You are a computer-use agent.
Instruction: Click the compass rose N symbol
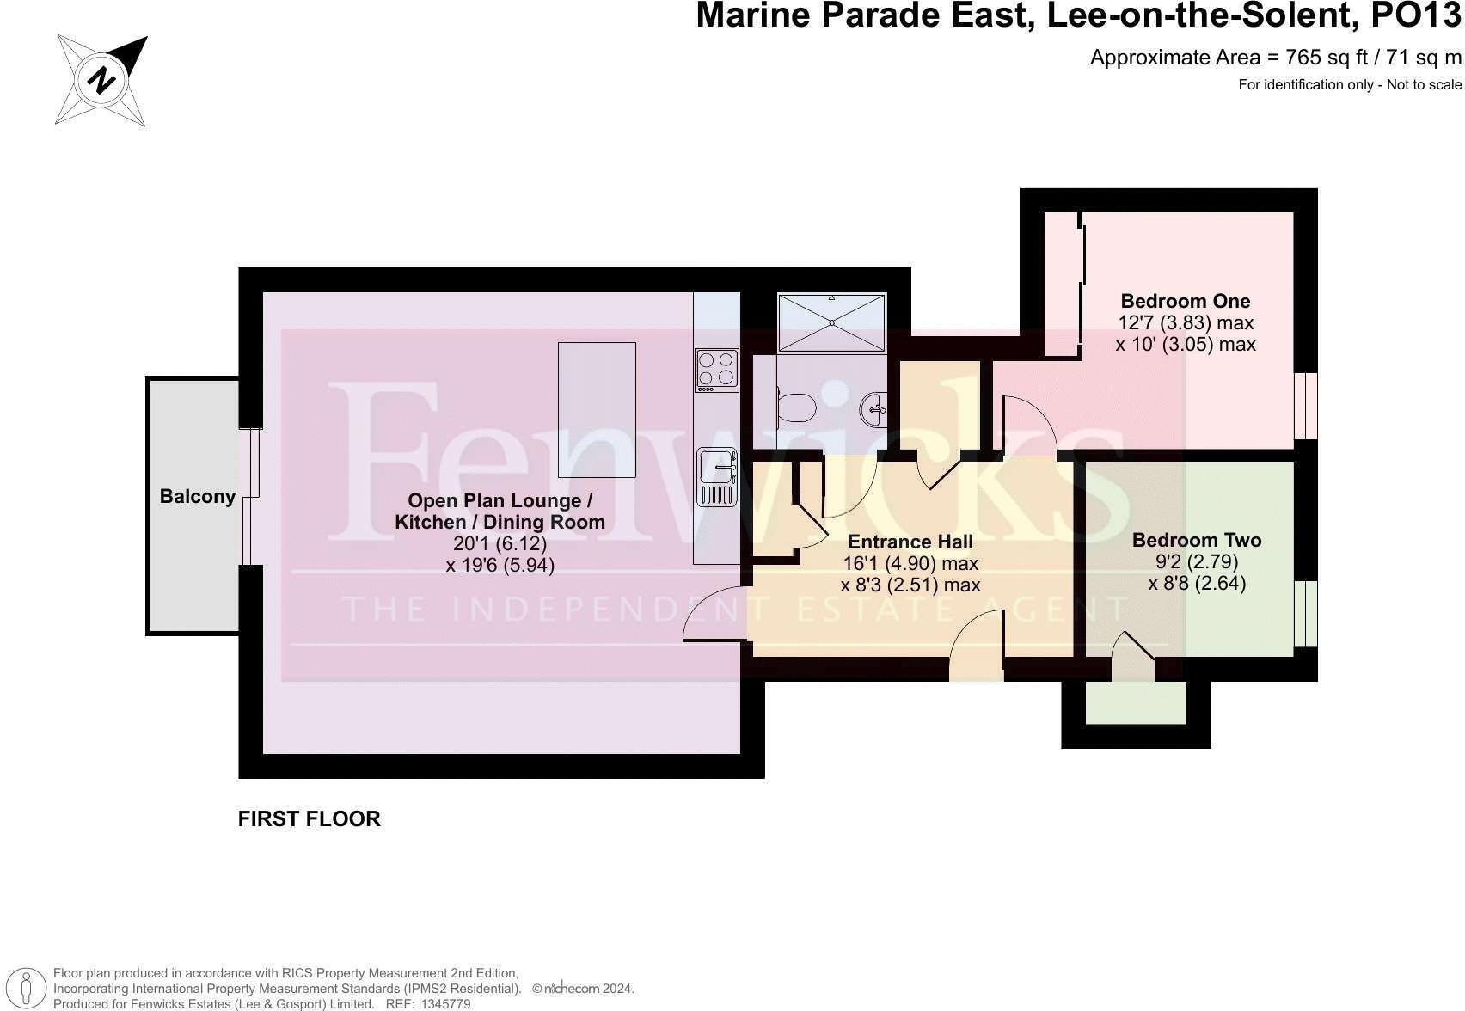[102, 81]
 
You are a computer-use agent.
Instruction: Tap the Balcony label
[197, 496]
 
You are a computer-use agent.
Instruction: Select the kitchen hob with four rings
[716, 370]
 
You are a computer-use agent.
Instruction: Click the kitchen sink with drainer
[717, 476]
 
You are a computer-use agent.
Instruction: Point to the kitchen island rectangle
[597, 409]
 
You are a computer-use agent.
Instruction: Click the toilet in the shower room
[796, 407]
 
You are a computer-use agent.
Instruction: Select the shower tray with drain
[831, 322]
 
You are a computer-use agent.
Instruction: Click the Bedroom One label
[1185, 301]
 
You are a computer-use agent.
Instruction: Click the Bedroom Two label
[1196, 540]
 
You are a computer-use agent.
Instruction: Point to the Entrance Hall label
[910, 542]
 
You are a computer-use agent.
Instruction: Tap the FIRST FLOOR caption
[309, 818]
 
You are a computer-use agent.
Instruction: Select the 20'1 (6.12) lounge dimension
[500, 543]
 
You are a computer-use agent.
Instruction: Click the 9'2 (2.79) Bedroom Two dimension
[1196, 562]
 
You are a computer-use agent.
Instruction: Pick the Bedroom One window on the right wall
[1305, 406]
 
